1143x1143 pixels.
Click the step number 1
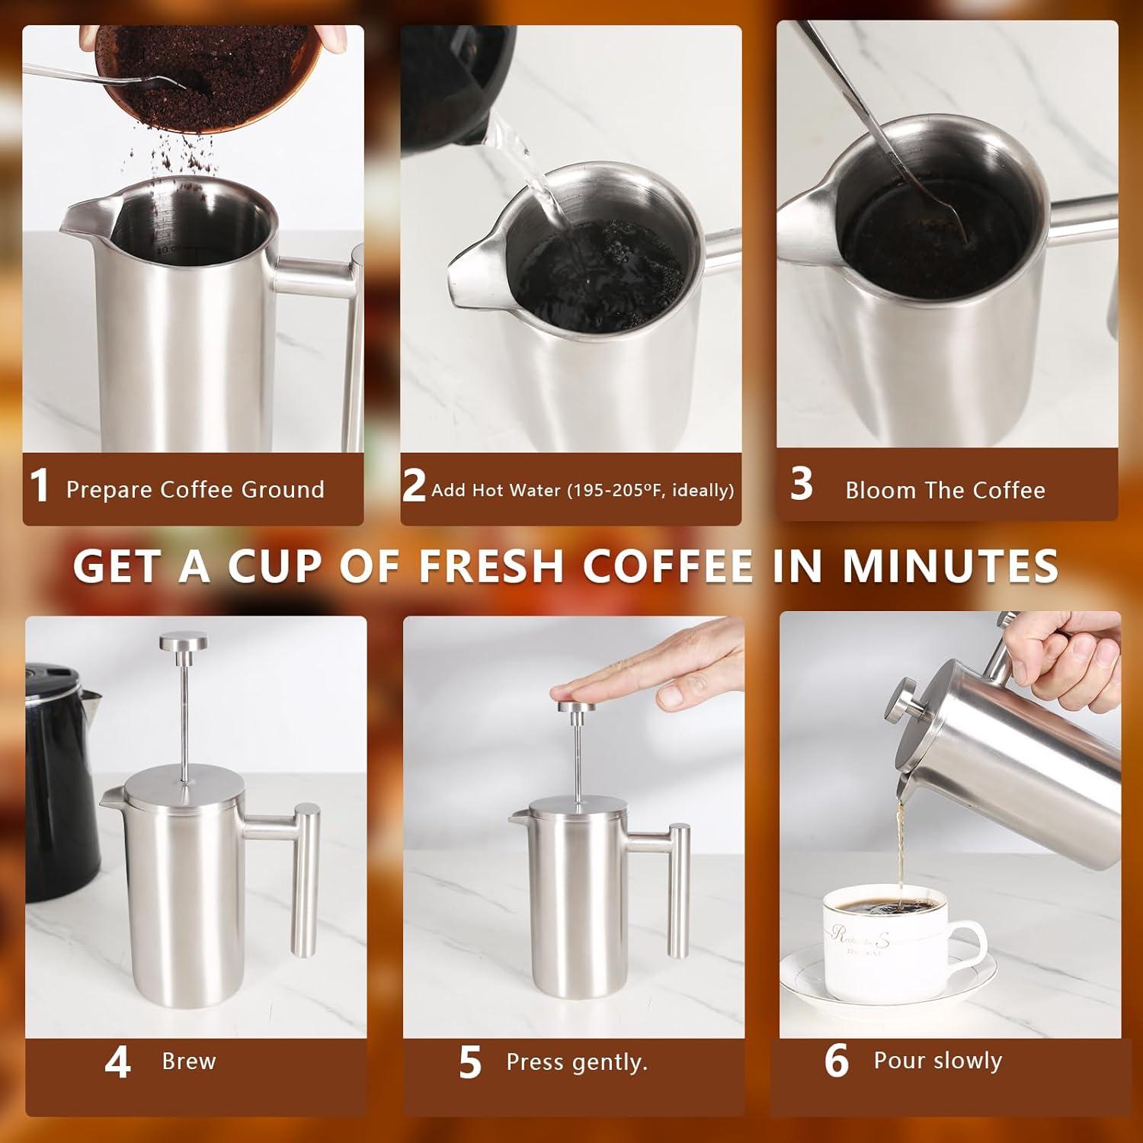click(x=39, y=486)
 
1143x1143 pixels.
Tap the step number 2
click(x=414, y=485)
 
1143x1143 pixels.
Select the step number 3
click(x=801, y=484)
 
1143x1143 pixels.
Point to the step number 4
click(x=117, y=1062)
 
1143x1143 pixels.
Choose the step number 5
click(x=470, y=1062)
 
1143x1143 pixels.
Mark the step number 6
click(x=836, y=1061)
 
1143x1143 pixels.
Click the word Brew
click(x=189, y=1061)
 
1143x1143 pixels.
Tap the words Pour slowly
click(x=937, y=1061)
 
